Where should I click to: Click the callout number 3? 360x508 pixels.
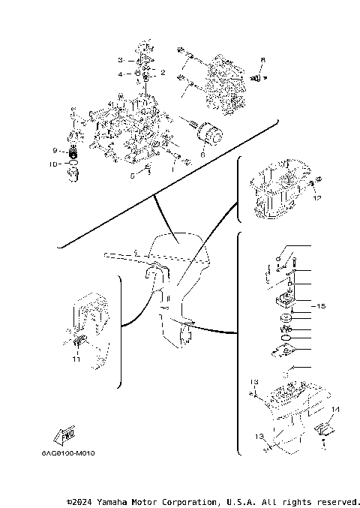[x=118, y=60]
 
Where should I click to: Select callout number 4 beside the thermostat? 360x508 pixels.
[x=118, y=74]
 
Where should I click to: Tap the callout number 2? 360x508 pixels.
[x=163, y=73]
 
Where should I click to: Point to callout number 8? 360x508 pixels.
[x=262, y=59]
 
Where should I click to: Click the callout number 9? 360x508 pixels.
[x=55, y=150]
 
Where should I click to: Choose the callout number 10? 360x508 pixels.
[x=53, y=163]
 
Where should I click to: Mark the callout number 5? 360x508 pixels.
[x=131, y=176]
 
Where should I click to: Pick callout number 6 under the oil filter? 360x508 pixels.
[x=202, y=153]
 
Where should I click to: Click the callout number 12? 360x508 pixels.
[x=317, y=199]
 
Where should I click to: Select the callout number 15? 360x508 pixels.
[x=321, y=306]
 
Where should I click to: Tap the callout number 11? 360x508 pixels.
[x=76, y=359]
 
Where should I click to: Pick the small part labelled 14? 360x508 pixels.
[x=323, y=428]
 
